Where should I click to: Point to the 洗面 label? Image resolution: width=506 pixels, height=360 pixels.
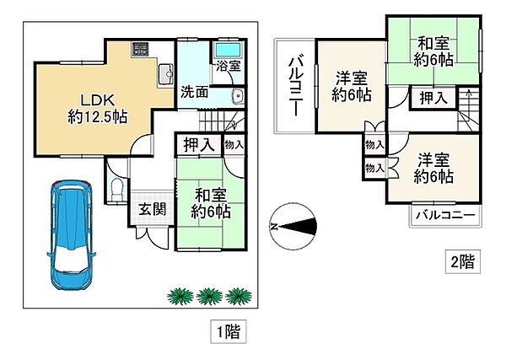(x=194, y=92)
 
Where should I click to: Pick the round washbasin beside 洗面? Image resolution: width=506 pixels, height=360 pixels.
(x=237, y=94)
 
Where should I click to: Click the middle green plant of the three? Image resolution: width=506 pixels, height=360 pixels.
(x=207, y=295)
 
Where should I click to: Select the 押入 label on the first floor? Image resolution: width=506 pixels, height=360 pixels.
(x=199, y=145)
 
